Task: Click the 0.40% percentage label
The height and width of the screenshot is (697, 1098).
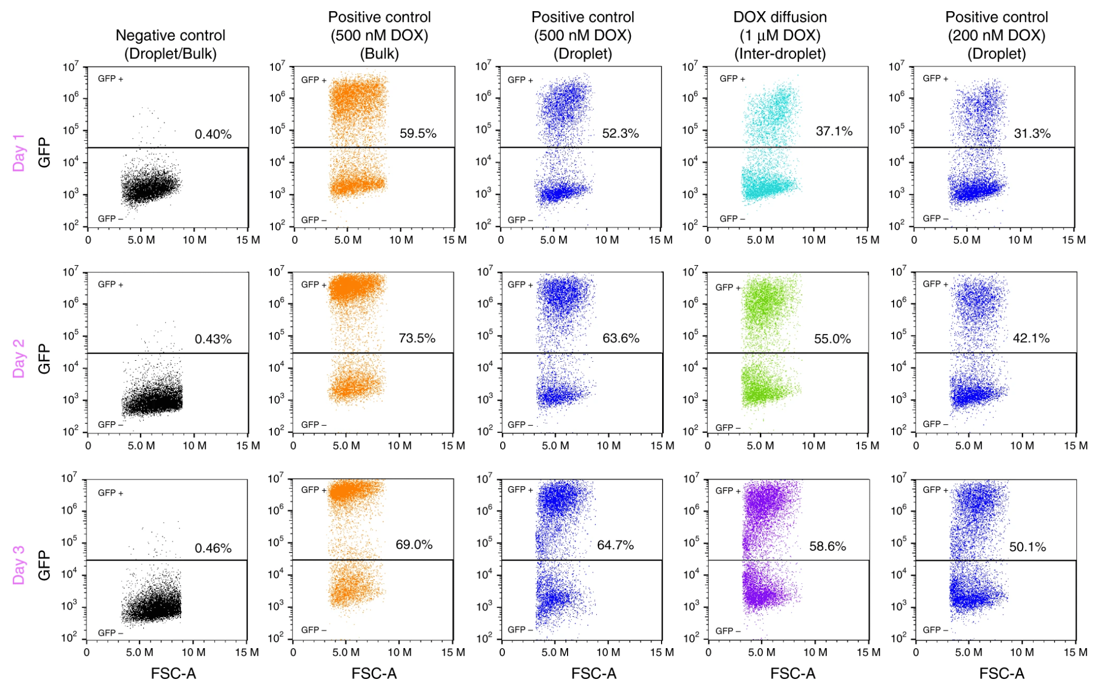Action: click(213, 134)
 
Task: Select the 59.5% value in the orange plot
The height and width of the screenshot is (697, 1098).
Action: click(418, 133)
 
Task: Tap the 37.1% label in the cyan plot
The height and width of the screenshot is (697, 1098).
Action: click(834, 131)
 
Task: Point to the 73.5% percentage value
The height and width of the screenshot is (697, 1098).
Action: click(417, 338)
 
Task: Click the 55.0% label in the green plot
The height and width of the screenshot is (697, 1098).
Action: click(832, 339)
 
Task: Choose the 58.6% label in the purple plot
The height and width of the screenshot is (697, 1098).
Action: click(827, 546)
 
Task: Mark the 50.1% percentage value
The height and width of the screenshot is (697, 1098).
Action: click(1027, 547)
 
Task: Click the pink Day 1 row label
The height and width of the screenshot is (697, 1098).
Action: click(19, 153)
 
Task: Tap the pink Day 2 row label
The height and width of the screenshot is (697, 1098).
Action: click(19, 359)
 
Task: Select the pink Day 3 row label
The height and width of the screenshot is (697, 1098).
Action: click(19, 565)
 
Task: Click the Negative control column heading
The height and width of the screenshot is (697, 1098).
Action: click(170, 36)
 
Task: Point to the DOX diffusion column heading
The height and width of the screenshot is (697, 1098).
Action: click(779, 17)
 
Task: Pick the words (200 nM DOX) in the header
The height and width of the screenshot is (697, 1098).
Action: click(996, 36)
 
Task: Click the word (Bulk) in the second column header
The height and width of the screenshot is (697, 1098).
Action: click(379, 54)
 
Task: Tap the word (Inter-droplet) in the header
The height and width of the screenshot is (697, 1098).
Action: click(779, 54)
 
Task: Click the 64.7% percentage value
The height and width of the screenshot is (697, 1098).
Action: click(615, 545)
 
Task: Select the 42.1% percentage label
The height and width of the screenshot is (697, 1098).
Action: click(1031, 338)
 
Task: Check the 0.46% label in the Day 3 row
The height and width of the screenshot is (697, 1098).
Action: click(213, 548)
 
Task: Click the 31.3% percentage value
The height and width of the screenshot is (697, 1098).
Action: click(1032, 133)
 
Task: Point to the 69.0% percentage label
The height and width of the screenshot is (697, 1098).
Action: click(414, 545)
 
